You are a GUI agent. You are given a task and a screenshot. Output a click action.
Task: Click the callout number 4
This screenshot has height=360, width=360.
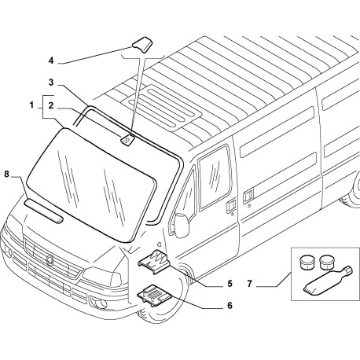[51, 61]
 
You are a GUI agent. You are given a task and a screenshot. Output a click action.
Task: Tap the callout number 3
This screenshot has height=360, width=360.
[51, 83]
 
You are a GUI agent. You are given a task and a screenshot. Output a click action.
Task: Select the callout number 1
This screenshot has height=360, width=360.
[31, 105]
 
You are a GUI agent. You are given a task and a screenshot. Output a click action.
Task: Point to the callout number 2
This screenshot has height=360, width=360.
[51, 105]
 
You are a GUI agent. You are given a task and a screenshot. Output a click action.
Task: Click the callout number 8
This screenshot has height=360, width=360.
[6, 174]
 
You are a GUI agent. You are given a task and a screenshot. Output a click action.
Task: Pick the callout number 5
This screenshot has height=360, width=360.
[230, 284]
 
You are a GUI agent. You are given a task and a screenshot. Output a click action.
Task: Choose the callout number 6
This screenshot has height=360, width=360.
[230, 305]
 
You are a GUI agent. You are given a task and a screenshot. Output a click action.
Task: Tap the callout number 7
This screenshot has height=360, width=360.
[249, 284]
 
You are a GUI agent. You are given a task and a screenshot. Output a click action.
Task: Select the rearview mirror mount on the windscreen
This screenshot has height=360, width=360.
[127, 140]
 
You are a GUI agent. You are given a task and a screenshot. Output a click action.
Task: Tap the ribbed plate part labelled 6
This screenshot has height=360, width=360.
[155, 295]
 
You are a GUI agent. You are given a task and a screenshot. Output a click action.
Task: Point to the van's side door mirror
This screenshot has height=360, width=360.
[181, 225]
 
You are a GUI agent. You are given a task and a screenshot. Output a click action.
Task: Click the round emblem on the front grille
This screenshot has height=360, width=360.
[50, 259]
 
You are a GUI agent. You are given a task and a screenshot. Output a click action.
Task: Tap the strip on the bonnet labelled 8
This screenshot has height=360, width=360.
[44, 211]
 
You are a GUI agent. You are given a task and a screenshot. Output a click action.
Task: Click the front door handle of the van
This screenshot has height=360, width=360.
[231, 206]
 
